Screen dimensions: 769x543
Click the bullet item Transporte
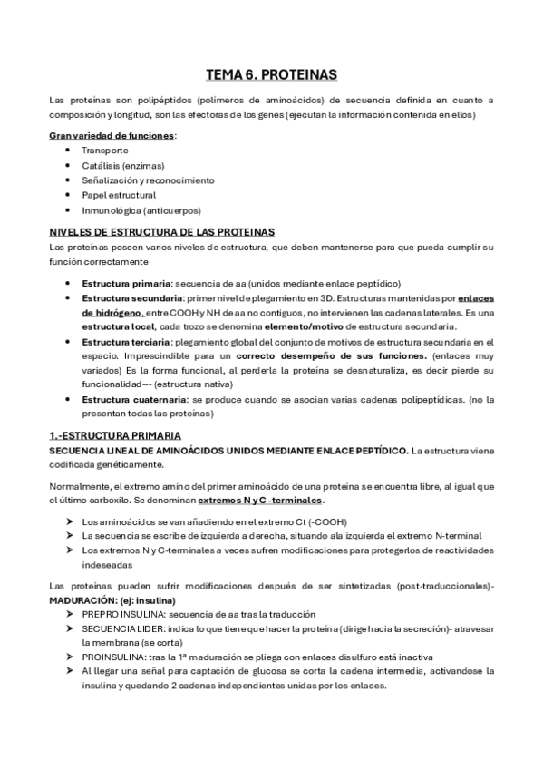104,150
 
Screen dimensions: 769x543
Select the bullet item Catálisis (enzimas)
118,165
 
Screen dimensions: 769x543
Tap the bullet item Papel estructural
118,195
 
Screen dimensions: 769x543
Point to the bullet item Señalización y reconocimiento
147,180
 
